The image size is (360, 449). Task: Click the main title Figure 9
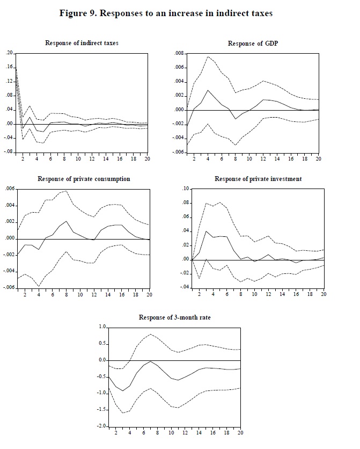click(166, 13)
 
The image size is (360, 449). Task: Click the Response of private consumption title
click(84, 179)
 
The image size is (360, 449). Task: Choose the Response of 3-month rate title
click(174, 317)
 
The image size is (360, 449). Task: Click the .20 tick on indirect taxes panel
click(9, 53)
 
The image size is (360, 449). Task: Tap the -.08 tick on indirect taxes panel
click(8, 152)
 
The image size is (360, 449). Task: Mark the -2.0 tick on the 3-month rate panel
click(100, 426)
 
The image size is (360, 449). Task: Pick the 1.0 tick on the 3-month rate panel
click(101, 327)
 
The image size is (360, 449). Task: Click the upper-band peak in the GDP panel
click(208, 56)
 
